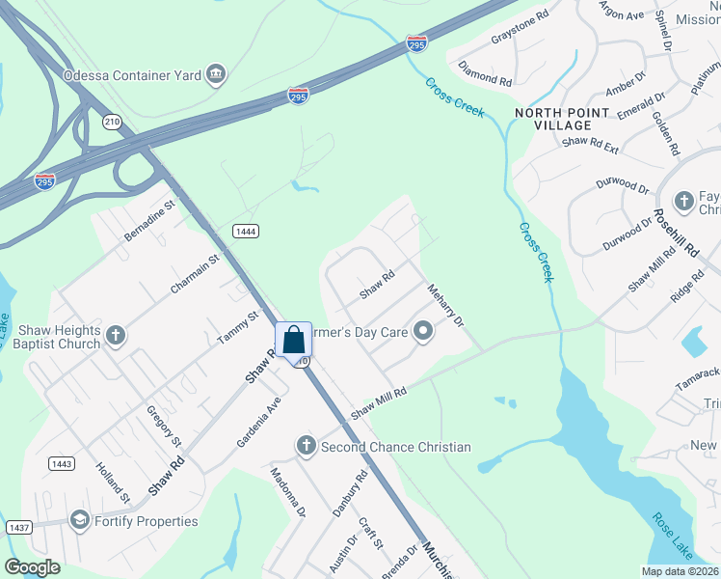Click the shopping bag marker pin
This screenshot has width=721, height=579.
pos(294,341)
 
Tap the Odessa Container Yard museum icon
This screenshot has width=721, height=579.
pos(216,74)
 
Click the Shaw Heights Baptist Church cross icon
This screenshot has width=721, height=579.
pos(116,336)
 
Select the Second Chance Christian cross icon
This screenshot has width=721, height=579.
pos(307,446)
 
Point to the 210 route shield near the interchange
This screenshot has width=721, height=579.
pos(113,121)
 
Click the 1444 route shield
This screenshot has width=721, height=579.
pos(244,229)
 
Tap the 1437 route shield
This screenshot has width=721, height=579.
pos(17,527)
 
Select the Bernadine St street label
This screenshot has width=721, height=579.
pos(148,221)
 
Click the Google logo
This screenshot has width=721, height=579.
pos(33,567)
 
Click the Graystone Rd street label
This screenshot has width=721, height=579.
pos(520,40)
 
